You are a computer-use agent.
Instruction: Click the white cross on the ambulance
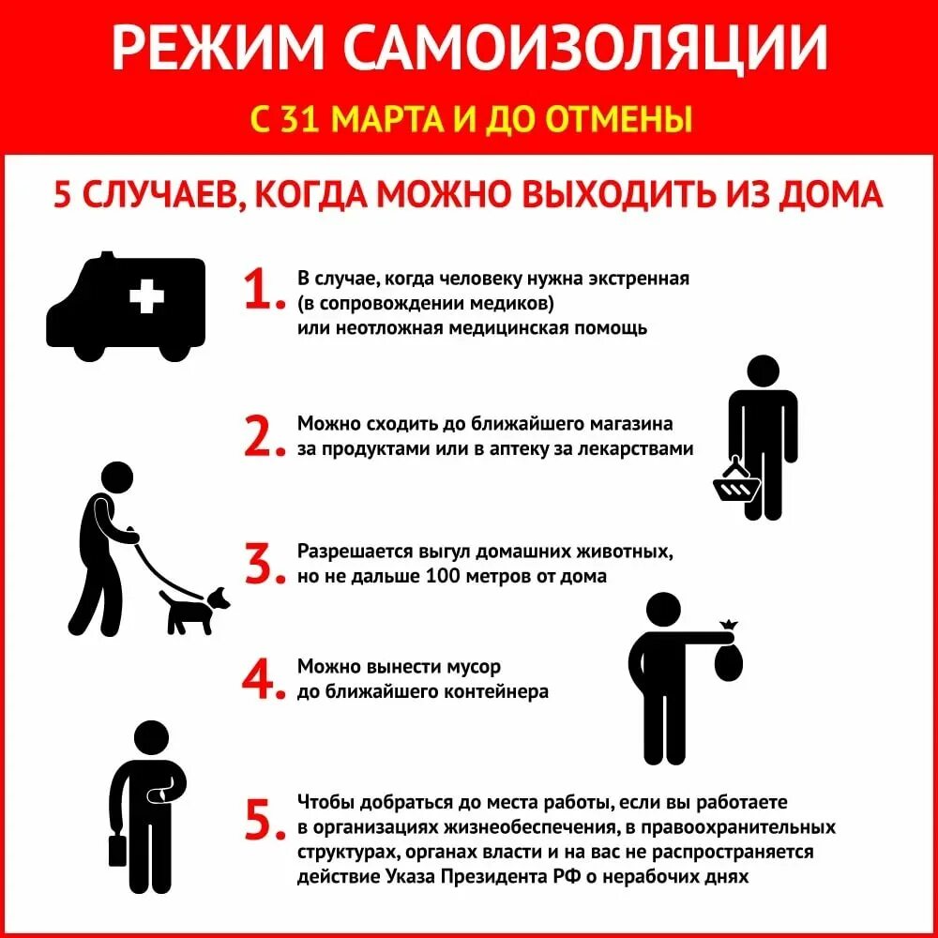tap(145, 297)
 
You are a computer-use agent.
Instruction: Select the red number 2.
tap(262, 435)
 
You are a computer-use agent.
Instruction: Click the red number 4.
tap(262, 677)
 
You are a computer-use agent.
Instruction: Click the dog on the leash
tap(195, 608)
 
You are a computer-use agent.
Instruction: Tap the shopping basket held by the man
tap(736, 485)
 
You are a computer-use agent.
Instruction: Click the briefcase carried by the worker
tap(117, 849)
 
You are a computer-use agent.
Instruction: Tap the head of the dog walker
tap(117, 477)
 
